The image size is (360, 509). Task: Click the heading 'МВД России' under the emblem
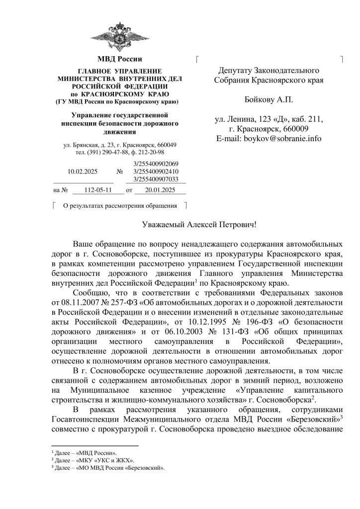point(119,60)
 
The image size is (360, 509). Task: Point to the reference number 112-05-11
point(97,190)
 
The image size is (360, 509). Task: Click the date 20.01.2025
point(158,190)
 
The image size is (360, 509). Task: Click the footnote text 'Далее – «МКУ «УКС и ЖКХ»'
point(95,460)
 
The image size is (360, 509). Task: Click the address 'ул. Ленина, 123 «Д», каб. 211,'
point(269,119)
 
